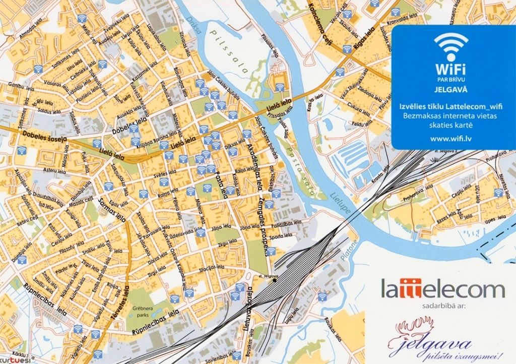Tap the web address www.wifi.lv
(x=450, y=137)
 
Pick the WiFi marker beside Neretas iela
(x=498, y=193)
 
